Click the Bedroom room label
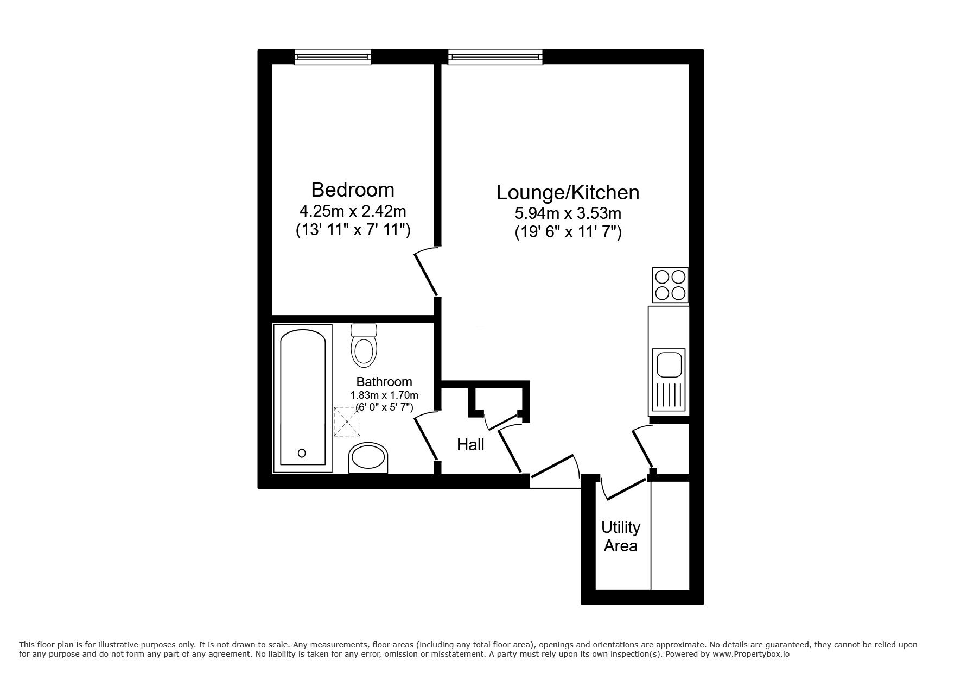tap(352, 190)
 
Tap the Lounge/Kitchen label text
tap(568, 192)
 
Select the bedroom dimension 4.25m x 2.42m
tap(352, 210)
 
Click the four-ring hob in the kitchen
tap(670, 285)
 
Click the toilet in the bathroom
tap(363, 345)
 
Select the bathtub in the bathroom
tap(302, 398)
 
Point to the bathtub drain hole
tap(302, 452)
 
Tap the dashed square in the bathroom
tap(347, 422)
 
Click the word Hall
tap(470, 445)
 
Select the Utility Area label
tap(620, 536)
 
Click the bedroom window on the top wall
tap(333, 56)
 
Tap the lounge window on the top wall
tap(495, 56)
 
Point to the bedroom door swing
tap(427, 273)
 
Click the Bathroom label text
tap(384, 382)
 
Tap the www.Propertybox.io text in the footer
tap(750, 654)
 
